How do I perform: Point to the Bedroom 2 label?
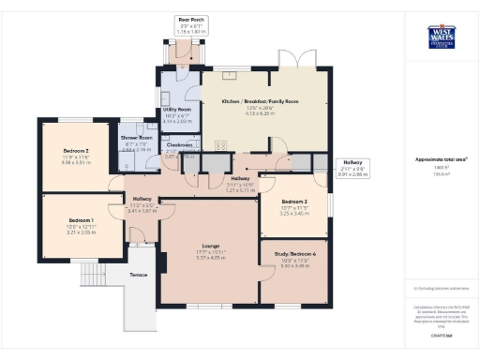76,151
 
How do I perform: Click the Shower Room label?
137,138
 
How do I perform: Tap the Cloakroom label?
179,145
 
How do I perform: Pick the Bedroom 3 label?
294,202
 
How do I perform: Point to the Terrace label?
138,275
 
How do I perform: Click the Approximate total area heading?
442,159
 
